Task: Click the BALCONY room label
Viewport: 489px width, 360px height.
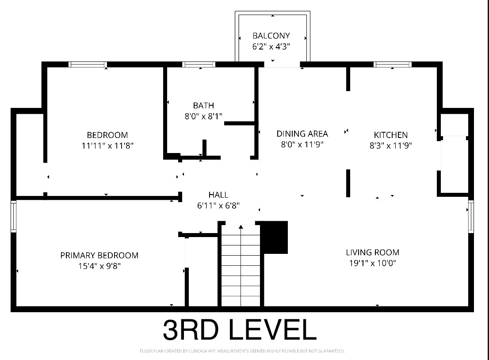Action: click(271, 35)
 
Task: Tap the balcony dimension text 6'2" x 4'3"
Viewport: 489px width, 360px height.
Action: click(271, 46)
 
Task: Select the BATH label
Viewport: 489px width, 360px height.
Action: click(203, 105)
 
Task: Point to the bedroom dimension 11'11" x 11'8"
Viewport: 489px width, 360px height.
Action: click(107, 146)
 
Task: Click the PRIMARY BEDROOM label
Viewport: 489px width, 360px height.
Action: click(99, 255)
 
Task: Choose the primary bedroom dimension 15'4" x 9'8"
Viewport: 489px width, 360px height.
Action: click(99, 266)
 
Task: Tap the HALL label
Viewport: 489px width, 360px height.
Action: click(218, 195)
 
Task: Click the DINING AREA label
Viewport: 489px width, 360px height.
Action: click(302, 134)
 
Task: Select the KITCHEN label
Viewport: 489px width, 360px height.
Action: click(391, 135)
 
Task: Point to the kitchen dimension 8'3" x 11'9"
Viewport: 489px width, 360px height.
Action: click(391, 146)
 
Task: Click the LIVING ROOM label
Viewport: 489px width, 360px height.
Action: click(372, 252)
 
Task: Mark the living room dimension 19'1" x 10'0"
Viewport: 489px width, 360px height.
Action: click(372, 263)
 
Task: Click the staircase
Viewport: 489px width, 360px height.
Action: click(241, 265)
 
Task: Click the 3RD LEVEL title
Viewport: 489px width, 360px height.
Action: click(240, 329)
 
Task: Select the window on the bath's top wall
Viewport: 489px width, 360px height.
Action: click(199, 65)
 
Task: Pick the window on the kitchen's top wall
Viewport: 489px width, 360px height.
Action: click(392, 65)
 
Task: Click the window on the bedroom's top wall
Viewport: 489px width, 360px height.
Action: click(88, 65)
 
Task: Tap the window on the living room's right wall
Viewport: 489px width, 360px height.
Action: click(471, 216)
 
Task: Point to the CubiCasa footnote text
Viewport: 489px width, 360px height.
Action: click(242, 351)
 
